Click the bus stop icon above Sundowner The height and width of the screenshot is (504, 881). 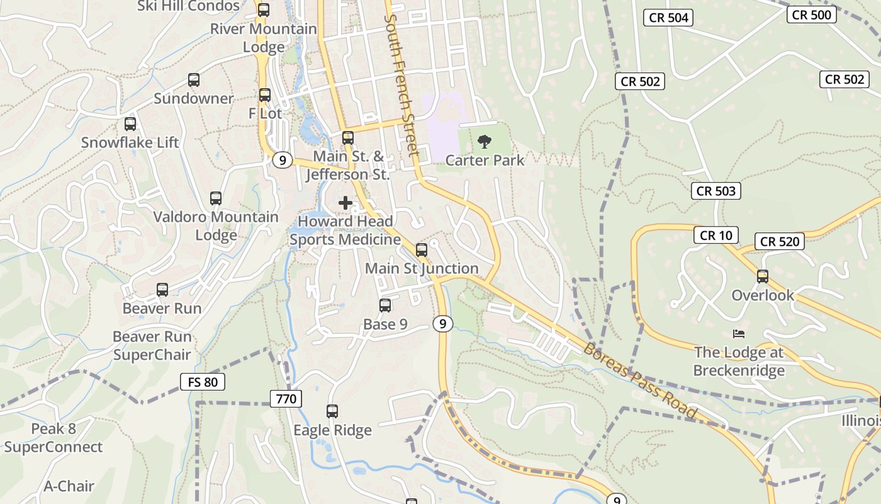coord(194,80)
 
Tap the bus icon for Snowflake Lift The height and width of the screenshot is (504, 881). coord(130,124)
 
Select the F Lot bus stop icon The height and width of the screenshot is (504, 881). coord(265,95)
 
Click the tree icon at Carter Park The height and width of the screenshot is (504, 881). coord(484,142)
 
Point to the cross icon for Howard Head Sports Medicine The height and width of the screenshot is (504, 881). coord(345,203)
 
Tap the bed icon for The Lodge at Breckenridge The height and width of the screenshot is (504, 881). coord(739,333)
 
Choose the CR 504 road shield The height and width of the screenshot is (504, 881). coord(668,18)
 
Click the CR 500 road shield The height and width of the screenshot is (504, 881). coord(812,14)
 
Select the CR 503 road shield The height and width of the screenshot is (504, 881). coord(716,191)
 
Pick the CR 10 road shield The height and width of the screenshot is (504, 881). coord(716,236)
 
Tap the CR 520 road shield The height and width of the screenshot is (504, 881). coord(780,241)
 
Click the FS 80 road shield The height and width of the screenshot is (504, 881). coord(203,382)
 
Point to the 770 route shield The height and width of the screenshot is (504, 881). coord(286,399)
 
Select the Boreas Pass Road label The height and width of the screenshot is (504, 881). coord(641,381)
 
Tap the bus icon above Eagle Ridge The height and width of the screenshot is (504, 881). coord(332,411)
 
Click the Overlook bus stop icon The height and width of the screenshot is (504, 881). coord(763,277)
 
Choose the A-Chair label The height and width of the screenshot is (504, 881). coord(69,486)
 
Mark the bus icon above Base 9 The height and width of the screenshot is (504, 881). coord(385,306)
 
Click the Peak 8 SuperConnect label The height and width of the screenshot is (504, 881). coord(53,438)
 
